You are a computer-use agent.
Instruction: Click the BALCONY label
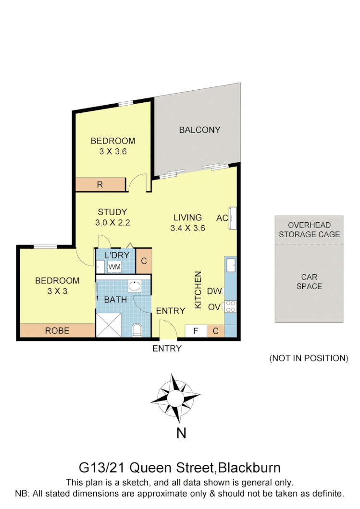click(x=199, y=130)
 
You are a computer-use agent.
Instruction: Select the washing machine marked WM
click(x=114, y=267)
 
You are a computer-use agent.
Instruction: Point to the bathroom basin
click(x=134, y=287)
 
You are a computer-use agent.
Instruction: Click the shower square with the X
click(x=110, y=326)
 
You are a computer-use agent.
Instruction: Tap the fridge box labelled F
click(x=196, y=331)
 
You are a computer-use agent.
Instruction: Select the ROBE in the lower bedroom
click(x=57, y=330)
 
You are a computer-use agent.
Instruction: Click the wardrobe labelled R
click(x=100, y=184)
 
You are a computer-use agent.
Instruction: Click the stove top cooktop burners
click(x=230, y=306)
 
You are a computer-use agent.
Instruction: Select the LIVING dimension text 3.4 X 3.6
click(x=187, y=228)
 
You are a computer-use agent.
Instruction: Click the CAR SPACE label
click(x=309, y=282)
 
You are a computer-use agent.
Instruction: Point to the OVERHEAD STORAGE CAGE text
click(x=309, y=230)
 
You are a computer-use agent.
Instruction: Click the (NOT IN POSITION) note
click(x=308, y=358)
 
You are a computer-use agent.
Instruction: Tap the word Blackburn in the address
click(x=249, y=467)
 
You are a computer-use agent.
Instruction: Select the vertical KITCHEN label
click(x=198, y=290)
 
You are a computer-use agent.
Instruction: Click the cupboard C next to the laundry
click(x=144, y=262)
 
